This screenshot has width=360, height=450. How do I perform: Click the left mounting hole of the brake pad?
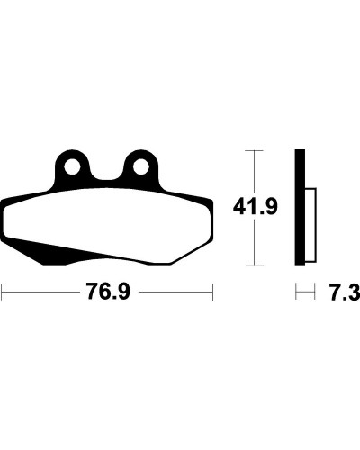click(x=72, y=166)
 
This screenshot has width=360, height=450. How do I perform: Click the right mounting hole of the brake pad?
click(x=141, y=166)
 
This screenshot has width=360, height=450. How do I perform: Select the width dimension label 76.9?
click(x=108, y=292)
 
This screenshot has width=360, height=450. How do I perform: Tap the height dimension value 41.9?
click(x=256, y=206)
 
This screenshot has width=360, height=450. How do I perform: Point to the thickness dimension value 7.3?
click(x=345, y=292)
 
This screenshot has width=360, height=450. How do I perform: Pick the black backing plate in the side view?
click(x=300, y=207)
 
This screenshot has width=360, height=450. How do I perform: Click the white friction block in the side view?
click(x=310, y=225)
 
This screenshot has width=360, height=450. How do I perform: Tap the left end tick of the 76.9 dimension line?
click(x=2, y=292)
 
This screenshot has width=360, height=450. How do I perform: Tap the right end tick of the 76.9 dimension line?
click(x=212, y=292)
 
